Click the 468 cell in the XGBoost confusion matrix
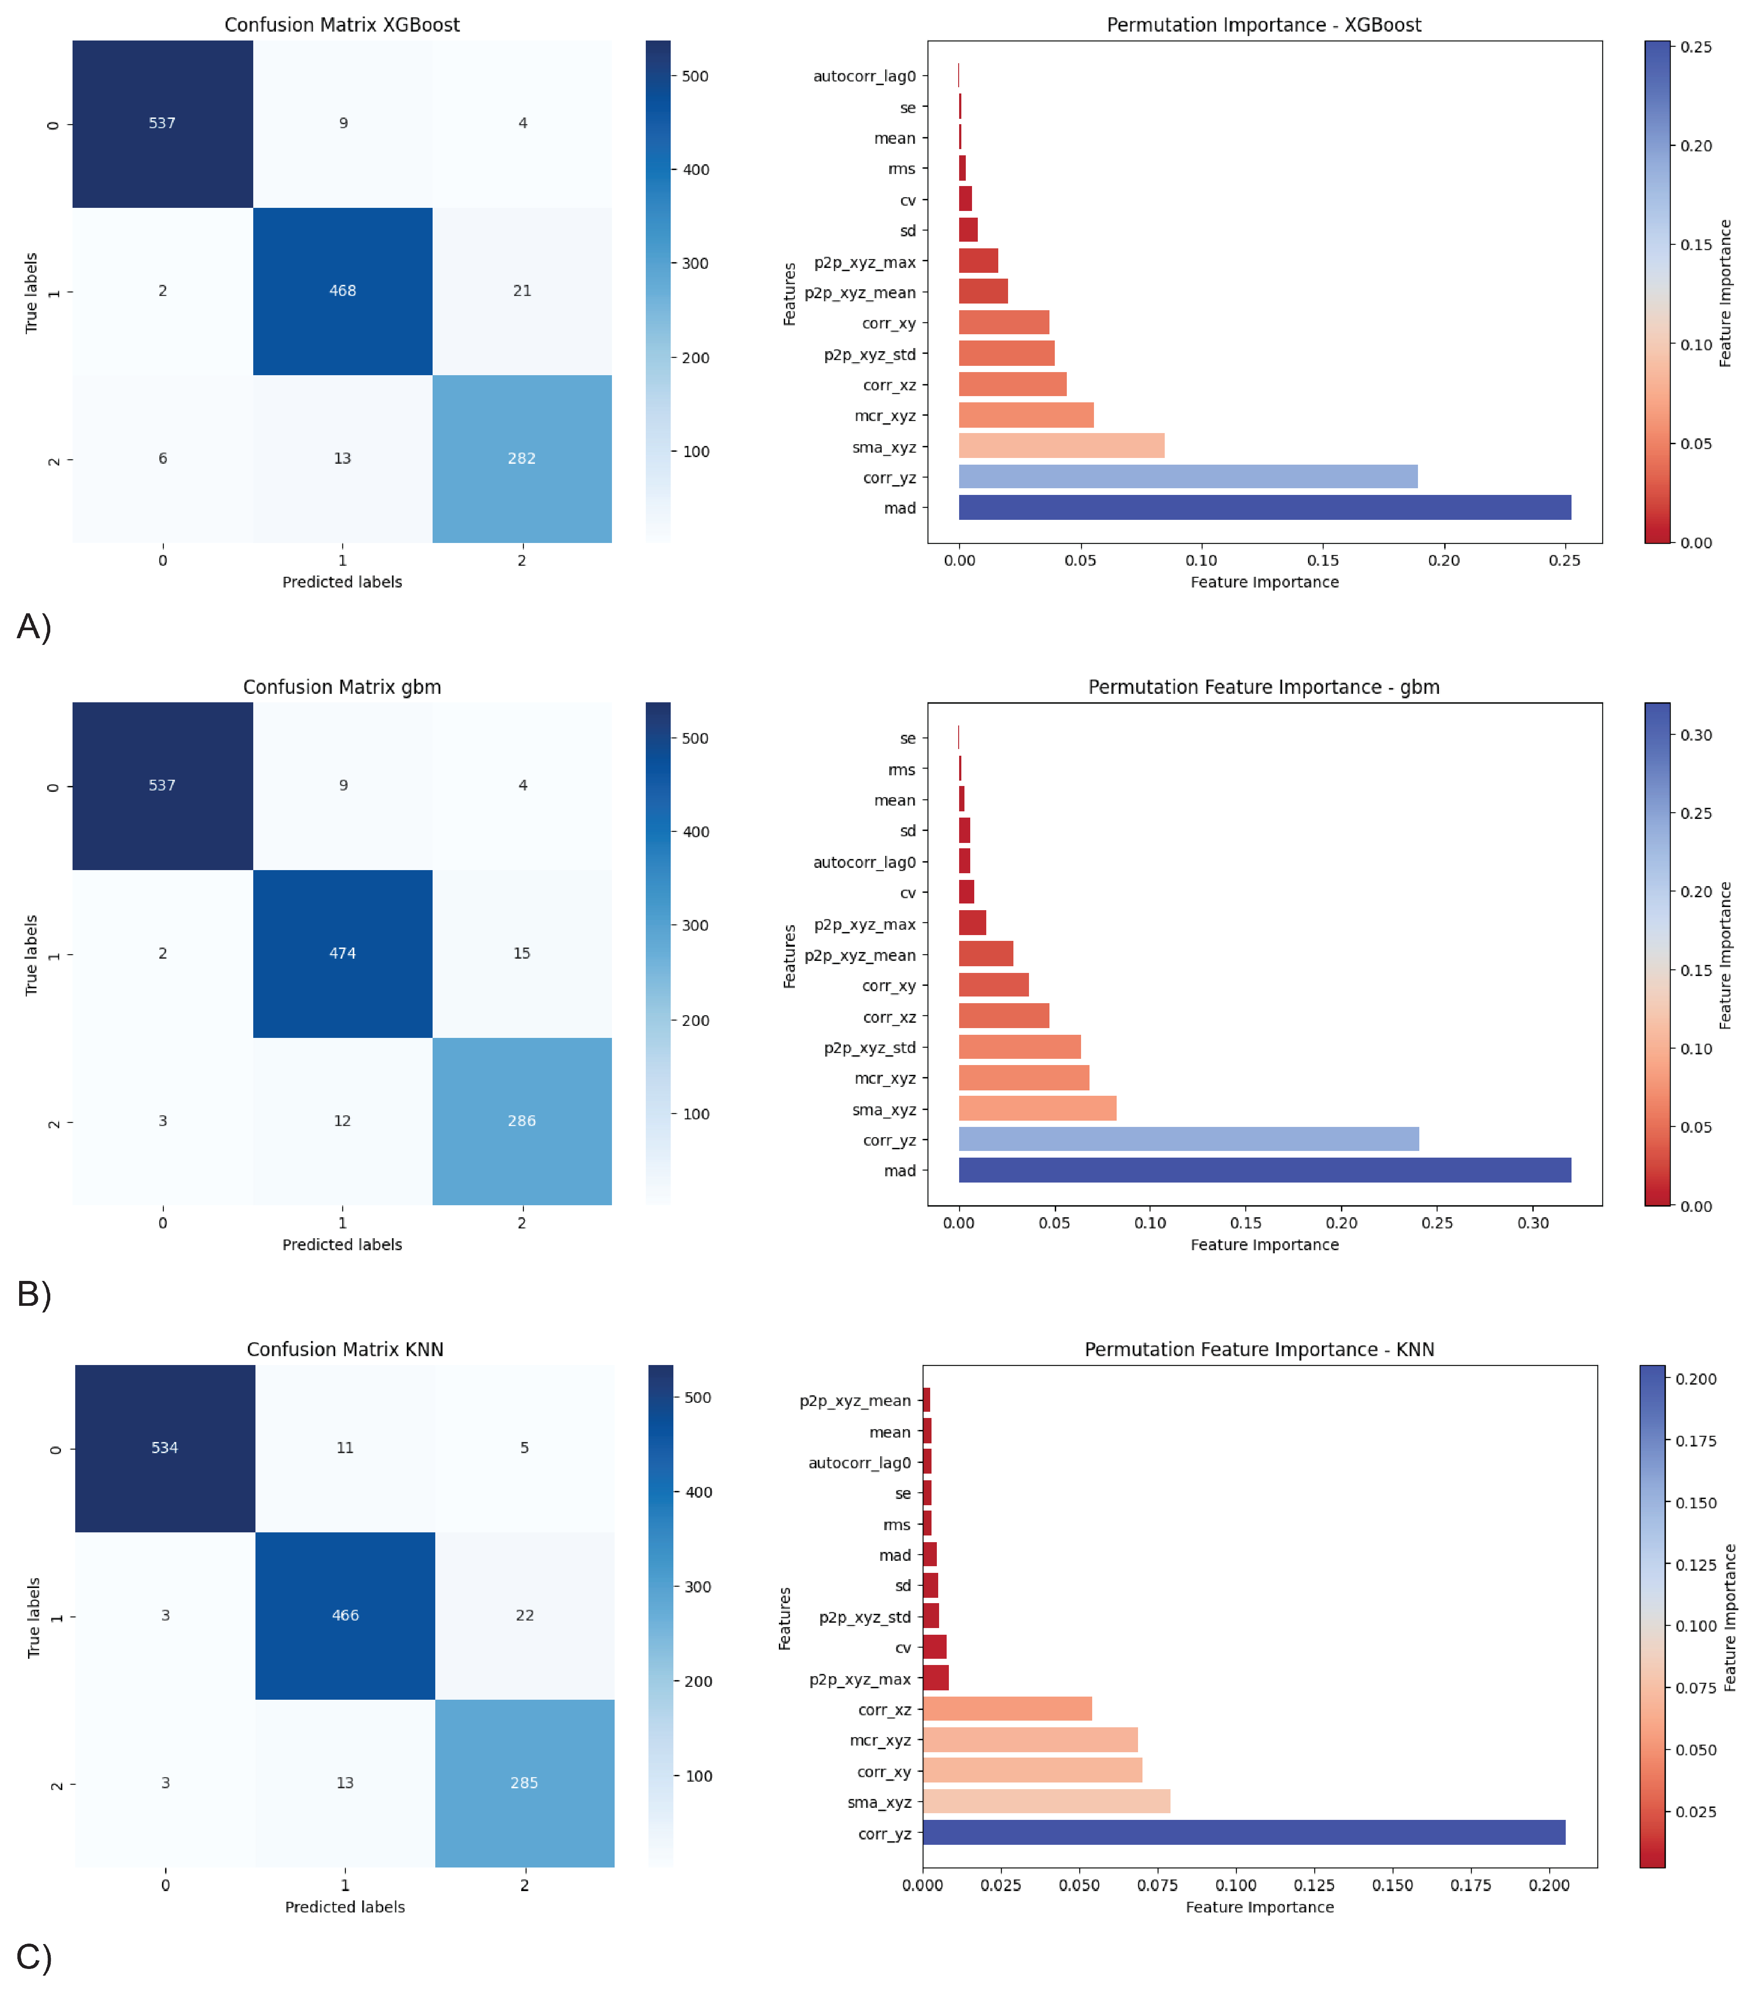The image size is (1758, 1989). [x=342, y=291]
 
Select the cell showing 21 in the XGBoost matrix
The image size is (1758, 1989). [x=523, y=291]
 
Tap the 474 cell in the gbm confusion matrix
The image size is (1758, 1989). [x=342, y=954]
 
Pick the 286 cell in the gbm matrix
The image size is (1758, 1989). [x=523, y=1121]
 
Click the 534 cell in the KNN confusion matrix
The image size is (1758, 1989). [x=166, y=1448]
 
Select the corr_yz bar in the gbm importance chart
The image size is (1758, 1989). [x=1189, y=1139]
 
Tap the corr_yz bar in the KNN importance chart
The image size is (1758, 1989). [x=1244, y=1833]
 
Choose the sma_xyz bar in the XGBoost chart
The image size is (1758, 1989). [x=1061, y=446]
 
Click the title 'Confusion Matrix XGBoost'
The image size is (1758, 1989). [x=342, y=24]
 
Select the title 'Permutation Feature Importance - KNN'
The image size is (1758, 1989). [x=1260, y=1350]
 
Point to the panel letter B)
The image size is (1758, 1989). [x=34, y=1294]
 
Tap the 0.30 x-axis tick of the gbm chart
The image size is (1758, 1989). [x=1533, y=1223]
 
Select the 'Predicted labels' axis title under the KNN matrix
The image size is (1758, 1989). [x=345, y=1907]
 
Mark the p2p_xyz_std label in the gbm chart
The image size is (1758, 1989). [x=870, y=1048]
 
